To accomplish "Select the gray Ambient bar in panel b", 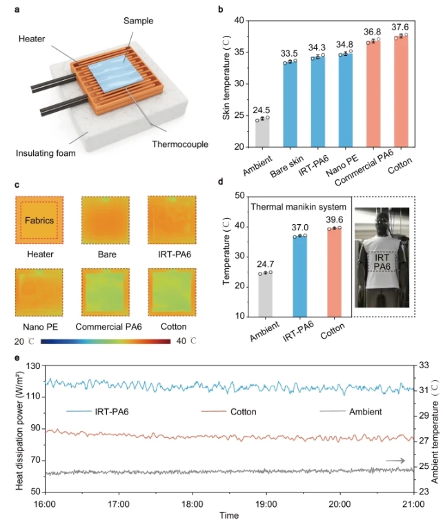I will [262, 133].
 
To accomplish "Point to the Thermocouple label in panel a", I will [170, 146].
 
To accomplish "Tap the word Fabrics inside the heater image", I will [39, 221].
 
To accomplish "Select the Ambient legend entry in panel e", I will [351, 412].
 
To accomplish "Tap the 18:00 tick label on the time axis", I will [192, 504].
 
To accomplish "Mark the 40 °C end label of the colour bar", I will [181, 341].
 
